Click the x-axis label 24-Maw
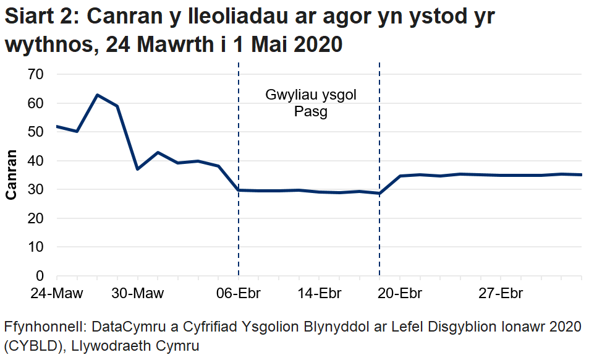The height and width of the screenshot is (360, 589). [x=56, y=293]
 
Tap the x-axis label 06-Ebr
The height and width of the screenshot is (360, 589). [x=239, y=293]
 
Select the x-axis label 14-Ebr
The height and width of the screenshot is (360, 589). [x=319, y=293]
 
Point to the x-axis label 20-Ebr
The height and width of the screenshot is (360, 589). [x=400, y=293]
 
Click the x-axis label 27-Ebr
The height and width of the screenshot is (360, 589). [x=501, y=293]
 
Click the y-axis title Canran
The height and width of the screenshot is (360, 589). [x=11, y=175]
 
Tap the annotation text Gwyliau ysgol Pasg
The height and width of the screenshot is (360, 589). [x=310, y=103]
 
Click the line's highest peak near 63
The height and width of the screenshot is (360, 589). [x=97, y=95]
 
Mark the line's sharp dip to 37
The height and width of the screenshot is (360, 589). [x=137, y=169]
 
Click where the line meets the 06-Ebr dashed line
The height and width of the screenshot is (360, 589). [x=239, y=190]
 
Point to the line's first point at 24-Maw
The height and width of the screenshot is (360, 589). [x=57, y=126]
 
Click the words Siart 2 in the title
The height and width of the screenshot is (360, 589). [x=38, y=18]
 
